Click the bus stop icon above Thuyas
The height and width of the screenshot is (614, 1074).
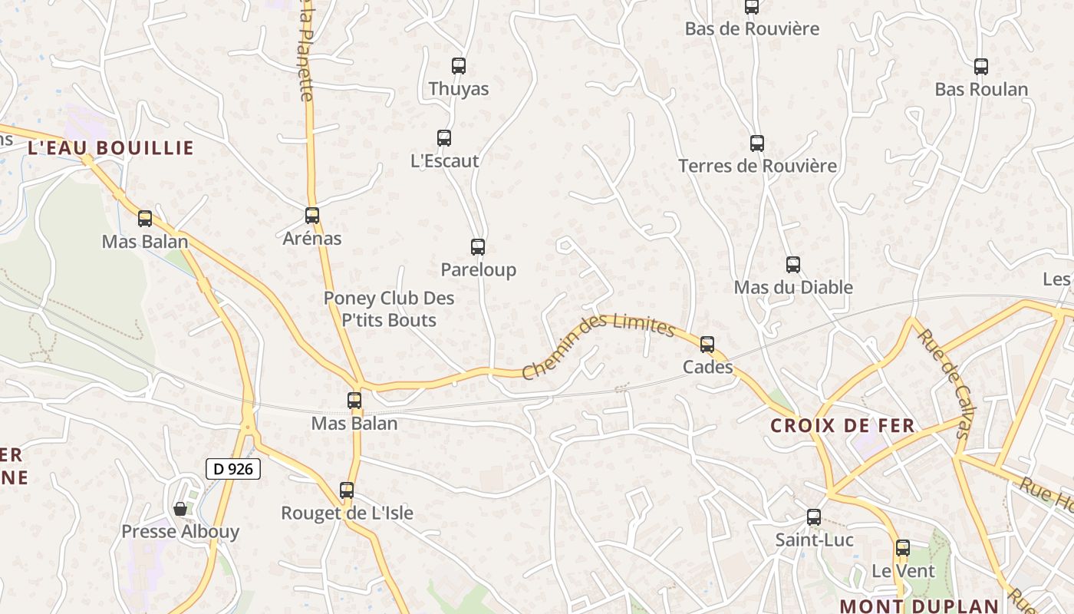(459, 66)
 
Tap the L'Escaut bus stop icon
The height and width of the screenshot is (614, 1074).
(444, 138)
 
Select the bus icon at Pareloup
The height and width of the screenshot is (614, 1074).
(478, 247)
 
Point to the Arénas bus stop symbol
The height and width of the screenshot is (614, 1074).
(312, 216)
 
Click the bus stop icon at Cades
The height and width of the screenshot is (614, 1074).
(707, 345)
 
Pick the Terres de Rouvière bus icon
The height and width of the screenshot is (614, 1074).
(757, 144)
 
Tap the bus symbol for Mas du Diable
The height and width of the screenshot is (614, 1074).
(793, 265)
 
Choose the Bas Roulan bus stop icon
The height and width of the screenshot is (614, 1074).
(981, 67)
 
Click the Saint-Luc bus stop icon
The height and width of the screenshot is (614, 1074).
(814, 517)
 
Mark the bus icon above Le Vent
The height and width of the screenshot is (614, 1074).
(903, 548)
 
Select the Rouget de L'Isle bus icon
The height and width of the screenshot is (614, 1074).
(347, 490)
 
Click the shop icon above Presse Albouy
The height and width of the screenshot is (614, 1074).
(180, 509)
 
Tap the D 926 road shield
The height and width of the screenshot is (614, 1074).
(233, 468)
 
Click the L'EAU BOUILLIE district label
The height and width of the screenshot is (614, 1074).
(110, 148)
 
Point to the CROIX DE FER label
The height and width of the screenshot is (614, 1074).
(842, 425)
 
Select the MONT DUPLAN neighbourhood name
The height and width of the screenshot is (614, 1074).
(918, 606)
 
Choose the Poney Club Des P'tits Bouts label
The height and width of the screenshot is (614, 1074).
(389, 309)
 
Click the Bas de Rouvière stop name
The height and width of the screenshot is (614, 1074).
(752, 29)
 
